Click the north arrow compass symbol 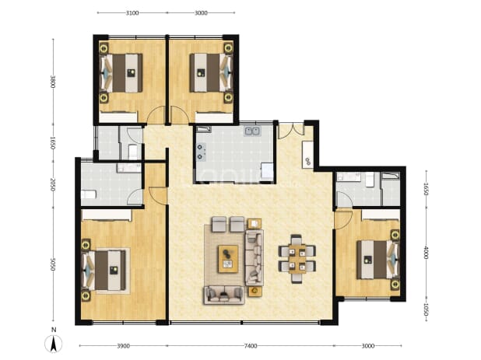coord(54,343)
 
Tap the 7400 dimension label coord(251,346)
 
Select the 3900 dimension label coord(123,346)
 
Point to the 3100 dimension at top coord(132,13)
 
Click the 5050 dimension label coord(53,264)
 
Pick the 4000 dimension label coord(426,252)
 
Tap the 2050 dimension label coord(53,185)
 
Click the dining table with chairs coord(297,259)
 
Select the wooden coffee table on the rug coord(228,259)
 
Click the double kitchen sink coord(252,131)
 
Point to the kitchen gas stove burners coord(200,152)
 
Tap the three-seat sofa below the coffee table coord(224,295)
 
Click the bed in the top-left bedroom coord(121,73)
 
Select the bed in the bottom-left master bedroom coord(104,271)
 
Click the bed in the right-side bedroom coord(377,260)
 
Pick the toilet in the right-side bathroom coord(370,180)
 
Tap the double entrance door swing coord(291,131)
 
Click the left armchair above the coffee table coord(219,224)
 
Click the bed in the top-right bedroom coord(211,73)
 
